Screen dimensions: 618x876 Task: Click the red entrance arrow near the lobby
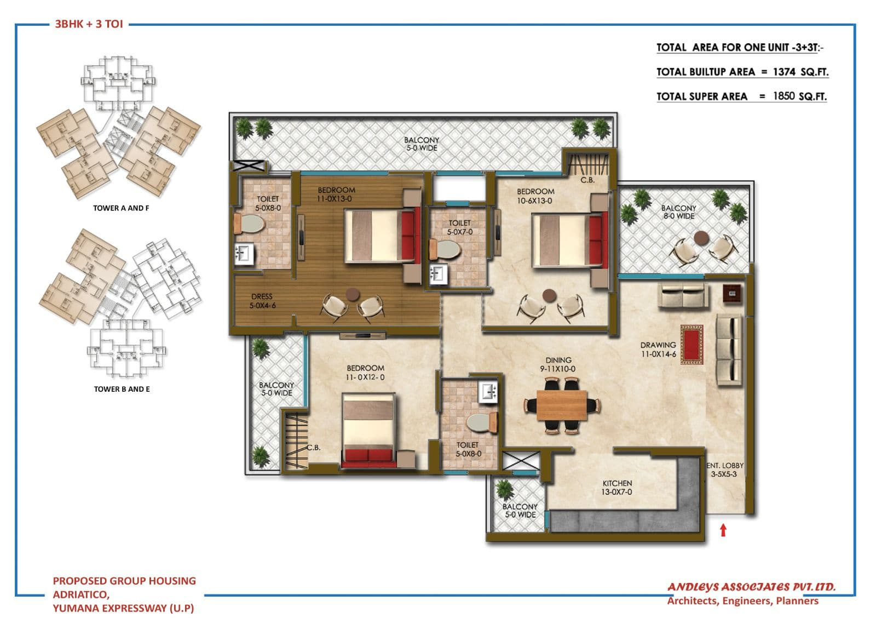coord(723,530)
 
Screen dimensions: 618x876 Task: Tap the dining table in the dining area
coord(562,405)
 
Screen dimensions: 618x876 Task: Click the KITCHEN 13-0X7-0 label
coord(617,488)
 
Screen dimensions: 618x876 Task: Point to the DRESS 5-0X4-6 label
coord(262,301)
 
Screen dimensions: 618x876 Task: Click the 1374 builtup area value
coord(785,72)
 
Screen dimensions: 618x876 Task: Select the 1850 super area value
coord(783,96)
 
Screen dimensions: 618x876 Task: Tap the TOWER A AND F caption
coord(121,208)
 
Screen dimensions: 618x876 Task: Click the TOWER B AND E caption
coord(122,389)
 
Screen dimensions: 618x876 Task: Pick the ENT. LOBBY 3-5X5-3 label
coord(726,470)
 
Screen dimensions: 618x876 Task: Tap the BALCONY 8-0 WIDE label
coord(678,212)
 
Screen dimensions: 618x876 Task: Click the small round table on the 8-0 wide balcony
coord(701,238)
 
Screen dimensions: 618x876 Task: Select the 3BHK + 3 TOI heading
coord(89,24)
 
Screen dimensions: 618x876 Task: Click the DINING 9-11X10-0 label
coord(558,364)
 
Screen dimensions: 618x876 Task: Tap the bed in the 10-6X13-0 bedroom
coord(569,241)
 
